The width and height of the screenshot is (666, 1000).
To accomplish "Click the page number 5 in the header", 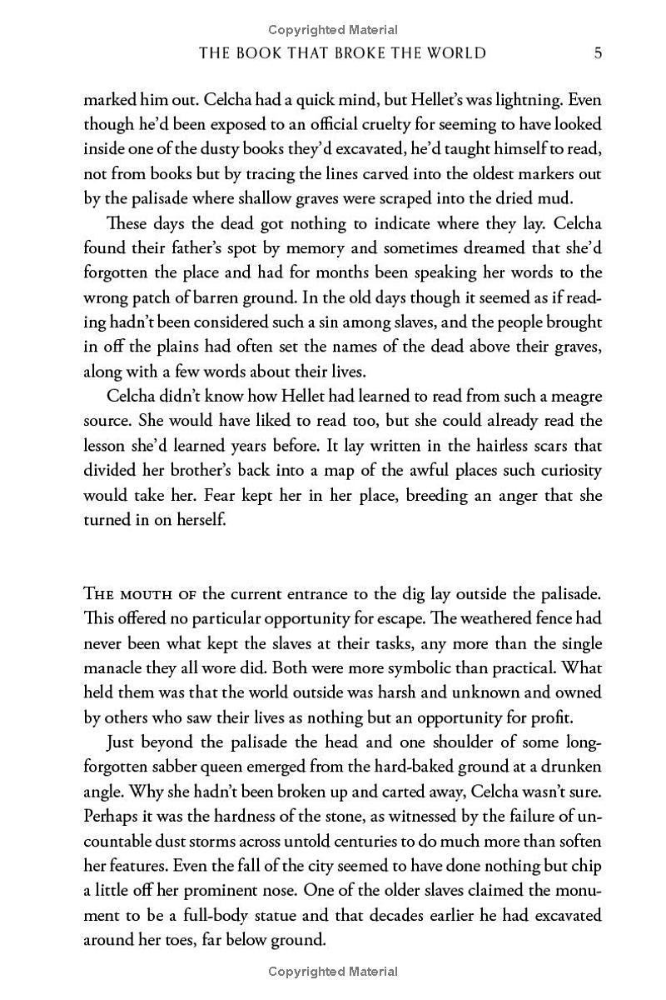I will (x=598, y=53).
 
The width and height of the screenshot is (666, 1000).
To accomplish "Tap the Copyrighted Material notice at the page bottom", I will (x=333, y=971).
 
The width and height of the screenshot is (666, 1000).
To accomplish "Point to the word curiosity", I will (x=567, y=471).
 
